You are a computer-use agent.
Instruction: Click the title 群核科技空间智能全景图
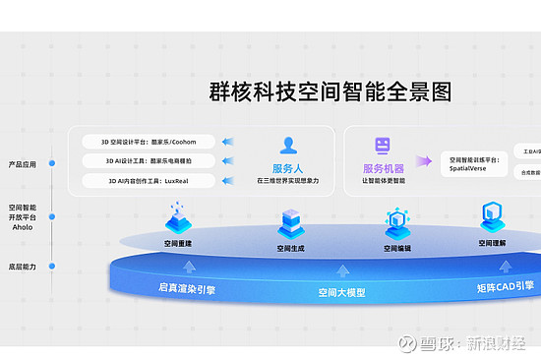[331, 91]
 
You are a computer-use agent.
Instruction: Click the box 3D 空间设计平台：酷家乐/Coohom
[149, 141]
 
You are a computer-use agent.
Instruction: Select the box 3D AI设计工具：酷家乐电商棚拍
[149, 160]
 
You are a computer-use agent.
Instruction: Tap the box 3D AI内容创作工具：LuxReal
[149, 181]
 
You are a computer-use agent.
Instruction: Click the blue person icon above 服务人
[288, 146]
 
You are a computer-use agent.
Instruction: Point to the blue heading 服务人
[288, 168]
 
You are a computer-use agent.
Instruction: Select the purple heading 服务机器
[384, 168]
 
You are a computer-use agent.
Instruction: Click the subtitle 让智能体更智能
[384, 181]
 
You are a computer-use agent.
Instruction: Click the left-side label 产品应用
[22, 164]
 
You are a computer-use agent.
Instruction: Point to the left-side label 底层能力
[22, 267]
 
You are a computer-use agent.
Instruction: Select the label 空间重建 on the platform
[178, 243]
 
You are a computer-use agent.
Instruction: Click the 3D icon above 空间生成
[290, 222]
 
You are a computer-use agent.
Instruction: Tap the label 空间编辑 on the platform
[397, 249]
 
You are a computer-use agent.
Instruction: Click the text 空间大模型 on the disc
[341, 293]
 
